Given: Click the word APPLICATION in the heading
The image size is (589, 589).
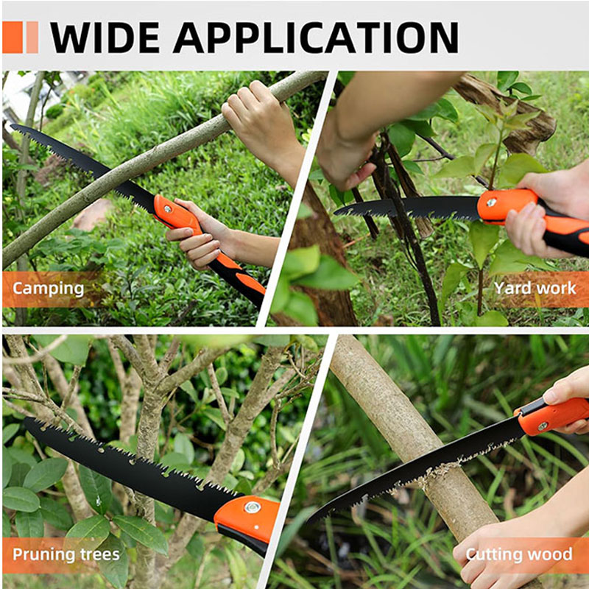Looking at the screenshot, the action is (x=316, y=38).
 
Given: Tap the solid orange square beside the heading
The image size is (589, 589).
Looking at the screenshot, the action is (x=13, y=38).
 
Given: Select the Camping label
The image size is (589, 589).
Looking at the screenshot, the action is (x=48, y=289).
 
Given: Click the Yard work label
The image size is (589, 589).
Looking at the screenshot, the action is (x=535, y=288).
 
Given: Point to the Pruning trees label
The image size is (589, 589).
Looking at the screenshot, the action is (x=66, y=554).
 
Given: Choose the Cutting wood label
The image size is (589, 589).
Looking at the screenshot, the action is (x=519, y=554).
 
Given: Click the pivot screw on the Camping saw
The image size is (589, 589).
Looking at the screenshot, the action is (x=168, y=208).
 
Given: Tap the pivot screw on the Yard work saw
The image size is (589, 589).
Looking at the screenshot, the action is (x=491, y=202).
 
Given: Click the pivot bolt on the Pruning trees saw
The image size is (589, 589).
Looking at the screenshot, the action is (x=252, y=507).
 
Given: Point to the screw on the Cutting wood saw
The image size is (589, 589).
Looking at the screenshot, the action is (x=543, y=426).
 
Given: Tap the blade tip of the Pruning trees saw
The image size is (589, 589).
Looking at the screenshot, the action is (x=27, y=420).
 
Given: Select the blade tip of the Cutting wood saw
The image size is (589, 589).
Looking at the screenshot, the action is (x=309, y=521).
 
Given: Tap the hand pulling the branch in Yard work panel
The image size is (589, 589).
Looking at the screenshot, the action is (x=345, y=161).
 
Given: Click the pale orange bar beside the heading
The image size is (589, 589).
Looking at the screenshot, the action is (x=32, y=38).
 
